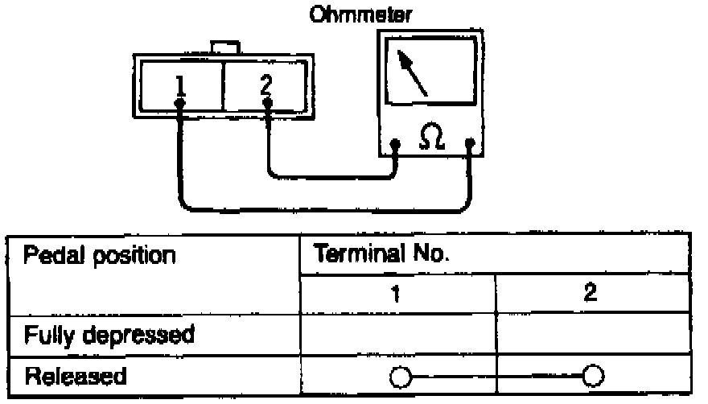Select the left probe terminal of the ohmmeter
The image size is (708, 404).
(396, 146)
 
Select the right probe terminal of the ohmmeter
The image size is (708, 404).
(470, 146)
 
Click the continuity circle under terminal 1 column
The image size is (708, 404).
(398, 377)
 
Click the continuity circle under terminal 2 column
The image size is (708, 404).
(593, 377)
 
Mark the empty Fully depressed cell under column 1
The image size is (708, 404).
(398, 333)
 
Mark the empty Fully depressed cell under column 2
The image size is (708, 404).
(593, 333)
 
